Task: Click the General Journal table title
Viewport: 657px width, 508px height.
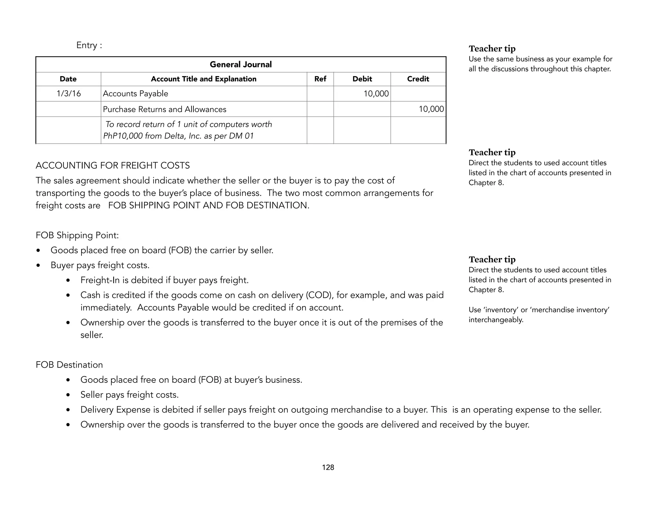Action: [241, 65]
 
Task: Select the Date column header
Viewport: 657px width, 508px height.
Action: [68, 79]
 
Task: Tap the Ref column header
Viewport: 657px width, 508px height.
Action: [320, 79]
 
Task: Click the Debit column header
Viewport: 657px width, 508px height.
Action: [362, 79]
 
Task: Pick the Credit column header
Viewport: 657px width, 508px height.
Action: [418, 79]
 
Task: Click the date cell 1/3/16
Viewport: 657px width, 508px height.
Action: [69, 94]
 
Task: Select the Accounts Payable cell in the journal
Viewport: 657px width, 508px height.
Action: [135, 94]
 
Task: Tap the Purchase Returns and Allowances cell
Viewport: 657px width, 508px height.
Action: [164, 109]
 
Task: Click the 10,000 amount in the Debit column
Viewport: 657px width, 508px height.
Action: [376, 94]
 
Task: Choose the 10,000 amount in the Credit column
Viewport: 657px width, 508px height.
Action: [431, 109]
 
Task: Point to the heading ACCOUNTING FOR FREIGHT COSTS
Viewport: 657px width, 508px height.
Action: [113, 166]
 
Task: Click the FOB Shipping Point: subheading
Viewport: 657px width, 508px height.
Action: [77, 235]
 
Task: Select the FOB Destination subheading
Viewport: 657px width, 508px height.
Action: [69, 365]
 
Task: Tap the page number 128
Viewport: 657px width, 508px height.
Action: [328, 468]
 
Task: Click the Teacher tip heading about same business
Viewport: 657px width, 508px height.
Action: [492, 49]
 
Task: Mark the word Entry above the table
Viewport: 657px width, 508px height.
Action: [87, 45]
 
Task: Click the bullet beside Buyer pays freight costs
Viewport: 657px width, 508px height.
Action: [38, 266]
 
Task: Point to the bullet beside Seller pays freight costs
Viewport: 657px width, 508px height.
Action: [68, 395]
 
